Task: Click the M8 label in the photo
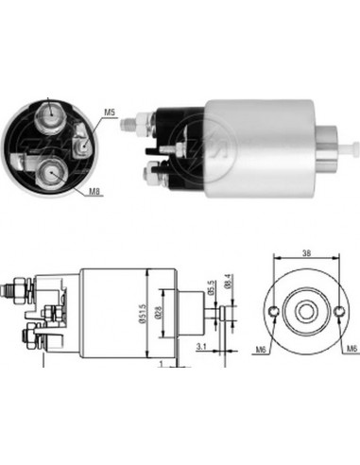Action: (94, 192)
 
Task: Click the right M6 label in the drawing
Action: (351, 351)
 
